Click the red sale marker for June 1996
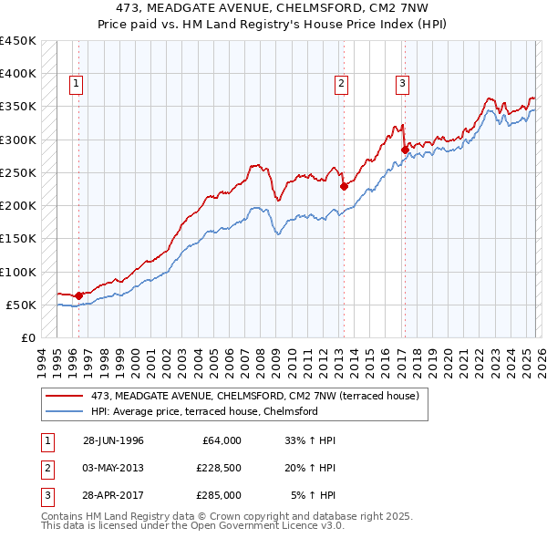(x=79, y=295)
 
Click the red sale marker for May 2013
(x=344, y=186)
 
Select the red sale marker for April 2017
(x=404, y=150)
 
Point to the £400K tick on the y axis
(x=18, y=74)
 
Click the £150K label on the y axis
(x=18, y=239)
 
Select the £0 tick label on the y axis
(x=27, y=338)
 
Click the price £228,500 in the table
(x=218, y=468)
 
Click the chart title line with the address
(x=273, y=8)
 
